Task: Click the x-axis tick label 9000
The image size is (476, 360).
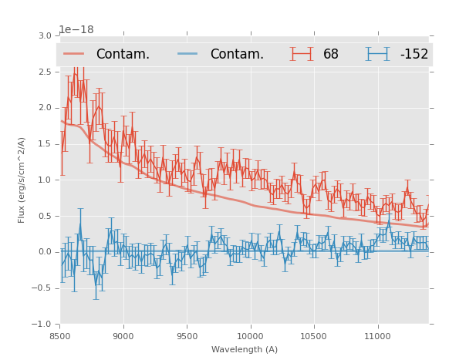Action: pyautogui.click(x=123, y=336)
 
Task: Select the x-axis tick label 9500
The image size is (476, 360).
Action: pyautogui.click(x=187, y=336)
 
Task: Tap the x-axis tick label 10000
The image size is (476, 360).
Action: pyautogui.click(x=250, y=336)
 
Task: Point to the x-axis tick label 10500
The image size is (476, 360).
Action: pyautogui.click(x=314, y=336)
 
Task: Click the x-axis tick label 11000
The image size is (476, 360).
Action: pyautogui.click(x=377, y=336)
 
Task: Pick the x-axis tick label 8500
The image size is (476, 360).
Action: pyautogui.click(x=60, y=336)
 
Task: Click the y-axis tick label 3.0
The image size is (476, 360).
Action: pyautogui.click(x=45, y=36)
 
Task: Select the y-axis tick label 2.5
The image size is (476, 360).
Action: pyautogui.click(x=45, y=72)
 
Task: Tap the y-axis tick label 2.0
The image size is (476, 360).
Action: pyautogui.click(x=45, y=108)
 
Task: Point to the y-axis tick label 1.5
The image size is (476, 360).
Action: pyautogui.click(x=45, y=144)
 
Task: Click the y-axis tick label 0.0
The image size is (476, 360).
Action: pyautogui.click(x=45, y=252)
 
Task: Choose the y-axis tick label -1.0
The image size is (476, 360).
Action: pyautogui.click(x=42, y=325)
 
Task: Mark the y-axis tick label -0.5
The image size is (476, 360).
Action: pyautogui.click(x=42, y=288)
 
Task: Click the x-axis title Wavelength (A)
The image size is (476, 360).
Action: pyautogui.click(x=245, y=349)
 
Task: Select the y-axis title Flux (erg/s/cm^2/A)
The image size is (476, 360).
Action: pyautogui.click(x=22, y=180)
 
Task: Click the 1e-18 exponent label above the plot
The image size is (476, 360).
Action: pyautogui.click(x=76, y=30)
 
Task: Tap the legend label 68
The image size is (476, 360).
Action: pyautogui.click(x=331, y=55)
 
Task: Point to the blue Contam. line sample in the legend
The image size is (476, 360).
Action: pyautogui.click(x=188, y=54)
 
